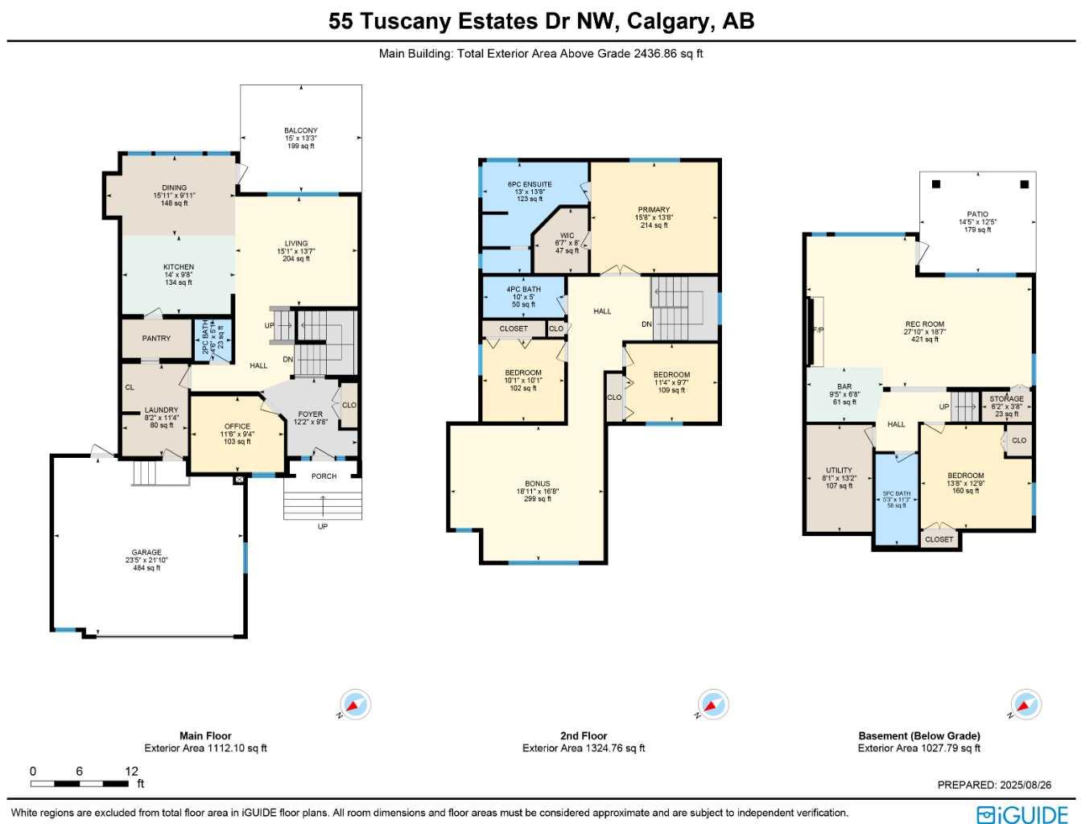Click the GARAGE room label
coord(146,553)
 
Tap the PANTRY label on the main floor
coord(156,339)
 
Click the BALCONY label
coord(300,130)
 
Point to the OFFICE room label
coord(237,426)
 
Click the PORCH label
coord(324,476)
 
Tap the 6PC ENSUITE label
coord(530,184)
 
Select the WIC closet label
coord(567,236)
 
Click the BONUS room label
coord(538,484)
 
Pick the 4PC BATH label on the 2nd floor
coord(523,290)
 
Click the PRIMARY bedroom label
coord(654,210)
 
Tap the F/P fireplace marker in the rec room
coord(818,330)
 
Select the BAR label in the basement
coord(844,387)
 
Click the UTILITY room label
coord(839,471)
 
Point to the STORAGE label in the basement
coord(1006,399)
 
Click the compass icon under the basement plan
coord(1025,704)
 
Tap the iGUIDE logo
coord(1022,814)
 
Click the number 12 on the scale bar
coord(131,771)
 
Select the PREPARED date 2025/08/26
coord(1025,785)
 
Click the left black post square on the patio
coord(936,184)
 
